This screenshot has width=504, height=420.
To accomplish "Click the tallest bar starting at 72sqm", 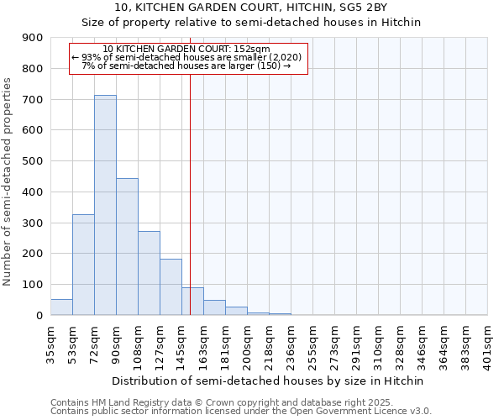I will pos(105,205).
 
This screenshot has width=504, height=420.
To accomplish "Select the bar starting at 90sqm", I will pos(127,247).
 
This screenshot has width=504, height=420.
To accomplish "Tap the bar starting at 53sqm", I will pos(83,265).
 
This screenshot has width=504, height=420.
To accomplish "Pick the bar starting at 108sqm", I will pos(149,273).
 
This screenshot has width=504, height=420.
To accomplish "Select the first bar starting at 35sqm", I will pos(61,307).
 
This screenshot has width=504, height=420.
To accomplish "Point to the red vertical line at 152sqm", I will pos(191,193).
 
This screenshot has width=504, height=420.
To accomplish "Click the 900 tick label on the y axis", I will pos(32,38).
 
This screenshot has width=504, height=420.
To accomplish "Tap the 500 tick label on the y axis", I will pos(32,161).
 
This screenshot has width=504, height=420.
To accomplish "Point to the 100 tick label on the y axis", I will pos(32,285).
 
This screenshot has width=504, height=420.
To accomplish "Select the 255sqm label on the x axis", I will pos(313,344).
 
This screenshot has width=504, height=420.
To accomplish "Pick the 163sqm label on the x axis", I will pos(204,344).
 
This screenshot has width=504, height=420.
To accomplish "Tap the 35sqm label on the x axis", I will pos(51,344).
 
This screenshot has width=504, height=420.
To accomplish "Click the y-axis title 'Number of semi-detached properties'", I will pos(8,181).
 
